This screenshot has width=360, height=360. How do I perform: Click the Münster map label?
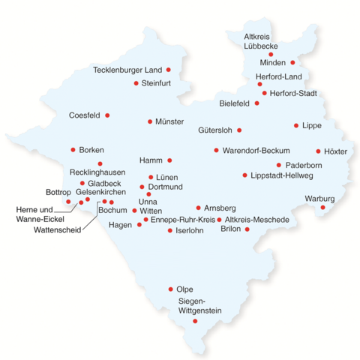point(169,121)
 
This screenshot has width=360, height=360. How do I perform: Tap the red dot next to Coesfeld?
point(107,115)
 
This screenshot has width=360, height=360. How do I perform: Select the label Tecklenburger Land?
point(127,70)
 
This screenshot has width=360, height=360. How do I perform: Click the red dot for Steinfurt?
point(136,83)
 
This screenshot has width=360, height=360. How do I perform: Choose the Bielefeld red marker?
point(257,103)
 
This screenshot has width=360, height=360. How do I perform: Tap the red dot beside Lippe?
point(296,125)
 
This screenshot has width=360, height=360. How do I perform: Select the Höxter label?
point(335,151)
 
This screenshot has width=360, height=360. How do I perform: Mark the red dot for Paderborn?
point(279,165)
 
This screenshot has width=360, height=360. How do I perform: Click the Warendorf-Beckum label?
point(256,151)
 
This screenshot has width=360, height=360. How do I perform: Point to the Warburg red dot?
point(323,207)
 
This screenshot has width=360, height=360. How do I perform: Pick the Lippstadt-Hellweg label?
point(282,175)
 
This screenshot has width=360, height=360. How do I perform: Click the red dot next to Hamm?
point(169,160)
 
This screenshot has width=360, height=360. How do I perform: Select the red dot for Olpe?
point(171,289)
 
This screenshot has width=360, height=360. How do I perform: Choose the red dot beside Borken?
point(73,150)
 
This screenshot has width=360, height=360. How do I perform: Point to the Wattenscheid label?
point(57,229)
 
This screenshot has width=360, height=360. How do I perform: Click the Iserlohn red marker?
point(169,231)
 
